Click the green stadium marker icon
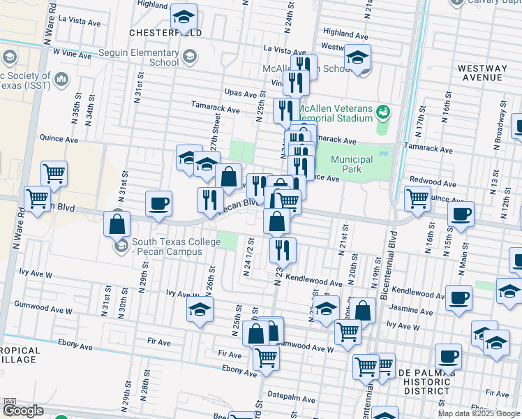point(382,111)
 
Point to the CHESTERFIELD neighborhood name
point(165,33)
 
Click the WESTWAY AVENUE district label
point(482,73)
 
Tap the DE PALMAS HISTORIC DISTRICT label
point(426,382)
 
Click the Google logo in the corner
point(23,411)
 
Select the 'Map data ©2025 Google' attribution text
point(479,413)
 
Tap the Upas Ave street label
point(242,93)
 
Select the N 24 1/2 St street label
point(247,256)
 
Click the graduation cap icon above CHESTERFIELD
point(184,17)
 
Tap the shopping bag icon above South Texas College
point(117,224)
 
